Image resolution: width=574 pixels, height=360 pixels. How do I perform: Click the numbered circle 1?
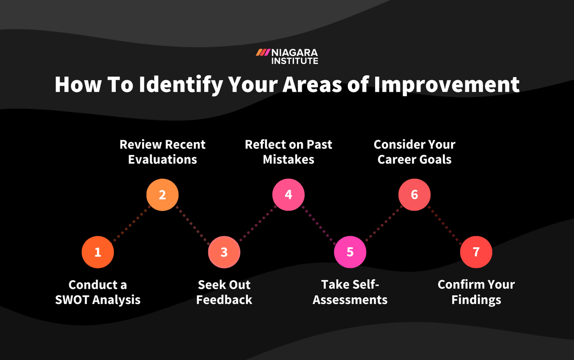[98, 252]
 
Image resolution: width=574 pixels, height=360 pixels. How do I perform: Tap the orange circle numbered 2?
[162, 195]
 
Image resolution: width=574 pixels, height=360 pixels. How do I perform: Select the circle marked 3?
[224, 252]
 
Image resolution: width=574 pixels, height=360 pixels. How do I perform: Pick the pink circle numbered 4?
[288, 195]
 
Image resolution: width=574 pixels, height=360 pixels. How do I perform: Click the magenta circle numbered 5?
[350, 252]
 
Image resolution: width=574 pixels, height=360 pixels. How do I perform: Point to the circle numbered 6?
[414, 195]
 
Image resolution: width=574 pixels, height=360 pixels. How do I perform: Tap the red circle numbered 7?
[476, 252]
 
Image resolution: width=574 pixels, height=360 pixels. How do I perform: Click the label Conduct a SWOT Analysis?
[98, 292]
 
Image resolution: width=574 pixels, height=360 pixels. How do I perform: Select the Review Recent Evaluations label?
[162, 152]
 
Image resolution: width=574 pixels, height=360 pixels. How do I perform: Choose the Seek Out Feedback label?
[224, 292]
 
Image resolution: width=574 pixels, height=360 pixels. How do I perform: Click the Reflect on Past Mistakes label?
[288, 152]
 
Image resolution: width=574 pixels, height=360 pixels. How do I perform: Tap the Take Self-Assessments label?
[350, 292]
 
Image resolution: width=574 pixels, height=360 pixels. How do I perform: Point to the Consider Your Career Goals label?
[414, 152]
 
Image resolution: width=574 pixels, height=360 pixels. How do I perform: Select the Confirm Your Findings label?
[476, 292]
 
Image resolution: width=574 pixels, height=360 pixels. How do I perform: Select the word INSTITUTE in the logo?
[295, 61]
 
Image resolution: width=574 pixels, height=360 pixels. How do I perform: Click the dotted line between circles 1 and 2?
[130, 224]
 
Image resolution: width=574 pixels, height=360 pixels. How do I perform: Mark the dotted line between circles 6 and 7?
[445, 224]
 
